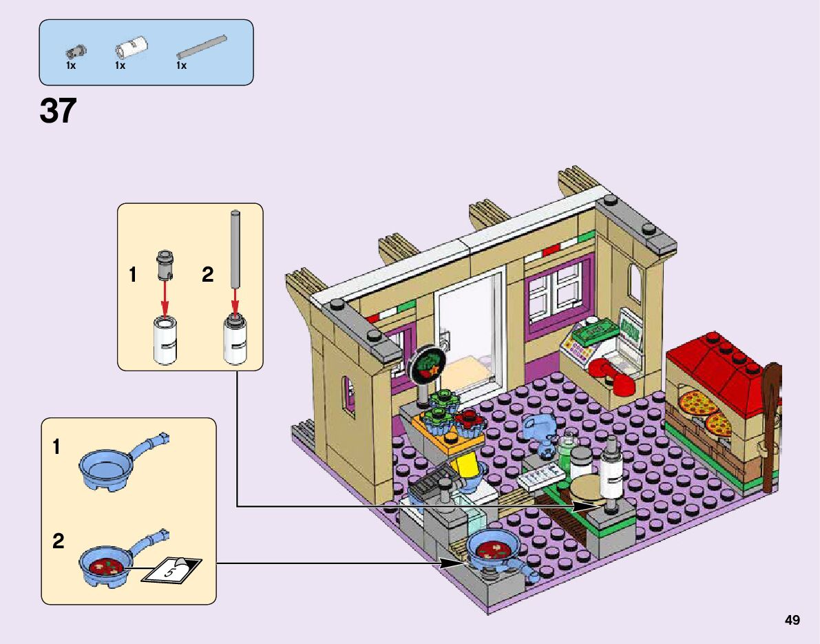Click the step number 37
pos(58,111)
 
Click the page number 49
pos(792,621)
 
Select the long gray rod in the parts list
pos(201,46)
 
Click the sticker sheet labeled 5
pos(171,569)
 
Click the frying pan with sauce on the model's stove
pos(492,550)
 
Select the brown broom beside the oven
pos(771,427)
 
